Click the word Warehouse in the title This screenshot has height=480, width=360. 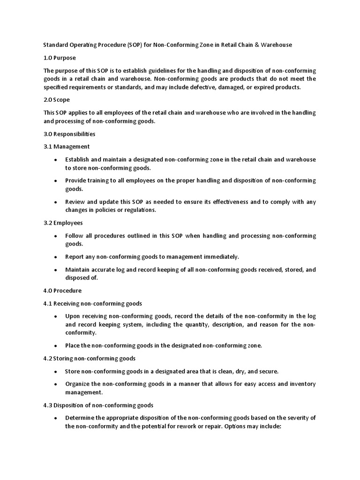click(x=276, y=45)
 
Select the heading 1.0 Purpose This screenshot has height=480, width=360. click(x=60, y=58)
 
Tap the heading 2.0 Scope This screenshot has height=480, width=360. click(x=57, y=100)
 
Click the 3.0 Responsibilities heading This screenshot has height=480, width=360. click(x=69, y=134)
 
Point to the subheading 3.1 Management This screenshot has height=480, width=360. click(x=67, y=147)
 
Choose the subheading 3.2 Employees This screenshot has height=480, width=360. click(x=63, y=223)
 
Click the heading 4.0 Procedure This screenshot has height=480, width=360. click(x=62, y=291)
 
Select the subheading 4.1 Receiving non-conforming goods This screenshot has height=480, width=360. click(x=93, y=303)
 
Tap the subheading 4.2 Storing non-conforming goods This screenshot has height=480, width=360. click(x=90, y=359)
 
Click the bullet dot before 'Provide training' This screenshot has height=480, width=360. click(x=56, y=181)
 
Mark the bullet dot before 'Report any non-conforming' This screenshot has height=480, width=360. click(x=56, y=257)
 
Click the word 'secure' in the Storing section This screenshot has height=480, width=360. click(x=268, y=371)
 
